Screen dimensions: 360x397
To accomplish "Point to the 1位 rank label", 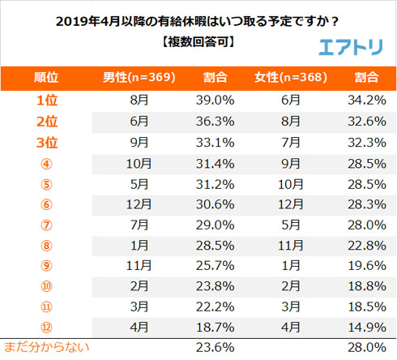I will tap(46, 100).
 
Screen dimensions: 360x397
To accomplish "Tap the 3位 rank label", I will tap(46, 142).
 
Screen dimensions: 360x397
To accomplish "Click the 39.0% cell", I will tap(216, 100).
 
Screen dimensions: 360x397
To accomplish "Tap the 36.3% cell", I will tap(216, 121).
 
